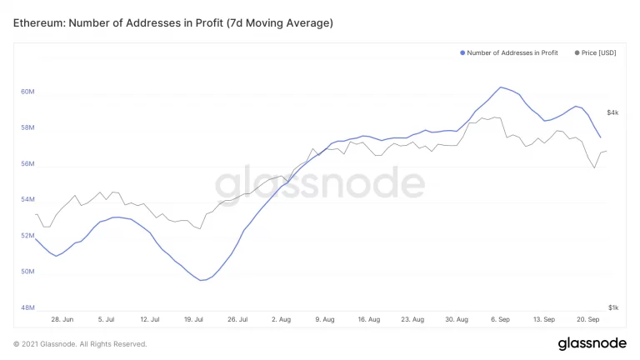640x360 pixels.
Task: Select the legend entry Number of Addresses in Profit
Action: tap(512, 52)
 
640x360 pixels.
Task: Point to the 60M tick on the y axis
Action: tap(27, 92)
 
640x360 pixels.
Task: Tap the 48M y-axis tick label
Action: tap(27, 307)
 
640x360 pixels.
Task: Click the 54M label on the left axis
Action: tap(27, 200)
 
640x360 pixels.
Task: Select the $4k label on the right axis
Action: tap(612, 112)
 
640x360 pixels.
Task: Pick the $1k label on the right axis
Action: tap(612, 307)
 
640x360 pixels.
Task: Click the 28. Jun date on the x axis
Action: tap(62, 319)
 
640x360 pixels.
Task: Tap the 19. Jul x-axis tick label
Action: tap(193, 319)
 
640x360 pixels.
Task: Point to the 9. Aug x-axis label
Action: tap(326, 319)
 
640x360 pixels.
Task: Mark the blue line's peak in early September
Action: tap(501, 87)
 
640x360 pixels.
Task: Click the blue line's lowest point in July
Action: tap(202, 280)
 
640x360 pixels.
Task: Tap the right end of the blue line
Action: tap(600, 137)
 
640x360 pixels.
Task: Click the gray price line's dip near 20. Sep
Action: tap(594, 167)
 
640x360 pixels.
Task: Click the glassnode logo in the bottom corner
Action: tap(592, 343)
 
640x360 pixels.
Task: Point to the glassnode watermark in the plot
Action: tap(320, 182)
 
